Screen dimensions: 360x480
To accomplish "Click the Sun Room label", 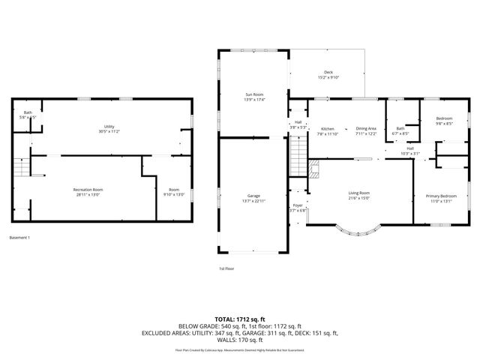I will tap(253, 94).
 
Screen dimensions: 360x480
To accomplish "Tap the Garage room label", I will tap(253, 195).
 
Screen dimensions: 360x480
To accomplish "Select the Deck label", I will tap(328, 72).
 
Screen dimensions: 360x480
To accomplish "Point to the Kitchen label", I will tap(328, 128).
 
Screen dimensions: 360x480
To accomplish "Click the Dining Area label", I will tap(366, 128).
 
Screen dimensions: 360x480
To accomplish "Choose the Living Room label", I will tap(359, 193).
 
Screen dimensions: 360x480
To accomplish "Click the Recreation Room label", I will tap(88, 189).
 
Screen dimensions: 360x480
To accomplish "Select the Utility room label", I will tap(109, 125).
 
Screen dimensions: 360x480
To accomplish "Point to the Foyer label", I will tap(298, 205).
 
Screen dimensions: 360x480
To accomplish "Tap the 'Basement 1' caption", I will tap(20, 238).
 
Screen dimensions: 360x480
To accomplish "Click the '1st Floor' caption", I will tap(226, 268).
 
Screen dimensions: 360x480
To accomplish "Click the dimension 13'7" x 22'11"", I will tap(253, 200).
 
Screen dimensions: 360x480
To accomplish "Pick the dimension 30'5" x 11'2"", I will tap(109, 130).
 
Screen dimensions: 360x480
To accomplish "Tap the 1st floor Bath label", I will tap(400, 128).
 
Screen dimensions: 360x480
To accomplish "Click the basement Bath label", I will tap(27, 112).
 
